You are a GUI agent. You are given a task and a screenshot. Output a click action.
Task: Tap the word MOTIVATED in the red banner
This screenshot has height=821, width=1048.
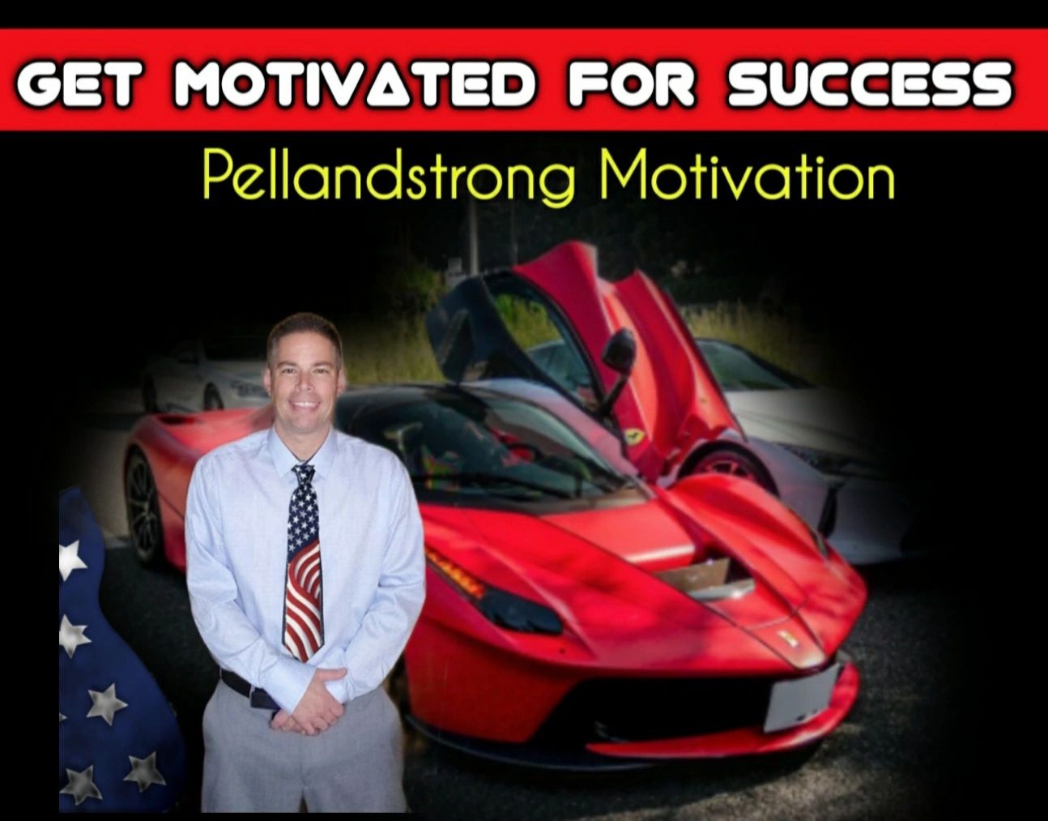356,82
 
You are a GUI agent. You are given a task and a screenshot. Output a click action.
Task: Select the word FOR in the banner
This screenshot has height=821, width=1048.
633,82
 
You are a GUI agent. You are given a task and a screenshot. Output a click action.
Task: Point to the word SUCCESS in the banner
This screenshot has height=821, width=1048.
871,82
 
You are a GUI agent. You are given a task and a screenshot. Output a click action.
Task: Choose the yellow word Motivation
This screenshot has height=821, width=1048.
748,173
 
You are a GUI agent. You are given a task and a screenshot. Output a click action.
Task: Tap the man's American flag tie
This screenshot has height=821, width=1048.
304,562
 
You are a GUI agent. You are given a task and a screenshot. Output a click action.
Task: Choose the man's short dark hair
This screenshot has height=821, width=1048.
305,334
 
